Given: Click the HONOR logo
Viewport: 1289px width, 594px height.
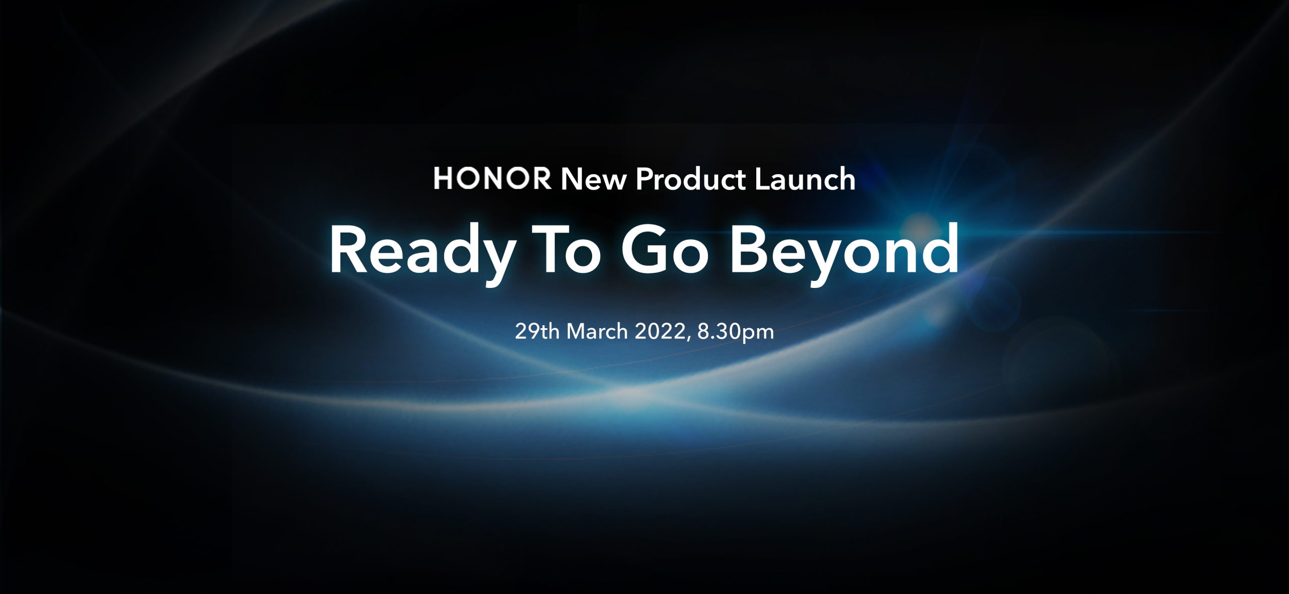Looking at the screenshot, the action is tap(492, 179).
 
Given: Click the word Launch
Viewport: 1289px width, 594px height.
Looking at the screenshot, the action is tap(805, 179).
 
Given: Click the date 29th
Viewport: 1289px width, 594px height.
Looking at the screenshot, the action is tap(537, 332).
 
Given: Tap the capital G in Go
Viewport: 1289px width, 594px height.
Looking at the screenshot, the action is tap(646, 250).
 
